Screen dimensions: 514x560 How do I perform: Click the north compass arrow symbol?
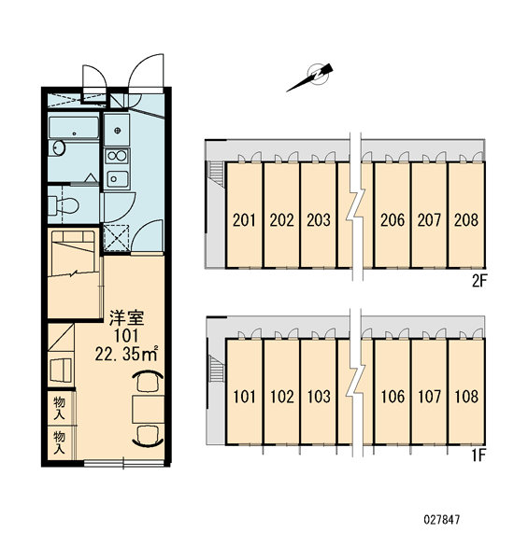click(x=310, y=77)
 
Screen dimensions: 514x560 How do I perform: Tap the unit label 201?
click(x=244, y=220)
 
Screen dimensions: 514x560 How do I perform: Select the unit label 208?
click(x=466, y=220)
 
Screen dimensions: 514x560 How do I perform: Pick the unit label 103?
click(x=319, y=397)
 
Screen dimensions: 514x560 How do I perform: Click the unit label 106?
click(x=393, y=397)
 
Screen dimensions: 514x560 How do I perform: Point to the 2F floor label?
click(x=479, y=282)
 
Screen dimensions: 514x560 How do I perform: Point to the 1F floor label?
click(x=478, y=455)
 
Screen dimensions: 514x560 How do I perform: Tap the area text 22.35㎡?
click(x=126, y=354)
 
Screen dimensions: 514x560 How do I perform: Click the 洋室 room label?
click(x=126, y=318)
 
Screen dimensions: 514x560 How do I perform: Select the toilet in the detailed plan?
click(x=64, y=205)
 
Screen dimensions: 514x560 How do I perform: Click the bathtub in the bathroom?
click(x=74, y=128)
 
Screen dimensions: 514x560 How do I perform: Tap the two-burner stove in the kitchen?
click(x=117, y=156)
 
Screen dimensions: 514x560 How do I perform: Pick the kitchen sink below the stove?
click(x=117, y=178)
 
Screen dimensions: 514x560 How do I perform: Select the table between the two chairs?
click(x=148, y=410)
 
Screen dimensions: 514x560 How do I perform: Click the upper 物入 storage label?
click(x=60, y=408)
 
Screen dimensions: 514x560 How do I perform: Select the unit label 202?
click(x=281, y=220)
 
